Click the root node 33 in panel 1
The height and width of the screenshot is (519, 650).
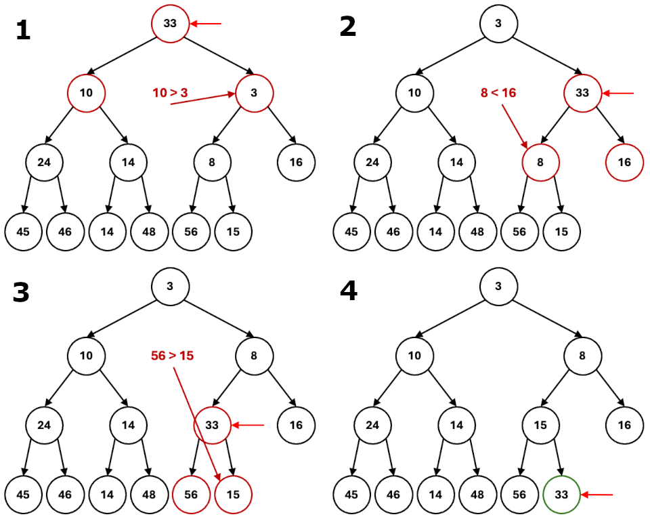click(170, 24)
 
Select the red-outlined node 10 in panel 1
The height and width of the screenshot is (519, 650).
click(86, 93)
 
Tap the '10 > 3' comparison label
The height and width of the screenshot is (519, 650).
click(170, 93)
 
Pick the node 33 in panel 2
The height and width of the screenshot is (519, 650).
click(582, 93)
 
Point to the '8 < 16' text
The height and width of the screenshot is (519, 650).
click(498, 93)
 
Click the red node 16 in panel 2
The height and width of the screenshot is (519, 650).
click(624, 162)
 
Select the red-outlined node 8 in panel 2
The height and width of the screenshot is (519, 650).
click(540, 162)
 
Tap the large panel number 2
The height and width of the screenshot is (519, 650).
click(347, 26)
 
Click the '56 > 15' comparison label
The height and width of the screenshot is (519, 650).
click(172, 356)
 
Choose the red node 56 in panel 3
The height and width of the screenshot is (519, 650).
click(191, 495)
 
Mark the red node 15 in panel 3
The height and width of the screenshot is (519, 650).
click(233, 495)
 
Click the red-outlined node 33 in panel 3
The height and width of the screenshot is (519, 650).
click(213, 425)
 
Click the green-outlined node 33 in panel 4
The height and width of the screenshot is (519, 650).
click(561, 495)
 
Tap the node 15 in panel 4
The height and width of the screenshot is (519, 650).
click(540, 425)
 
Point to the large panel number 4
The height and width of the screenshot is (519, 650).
click(348, 291)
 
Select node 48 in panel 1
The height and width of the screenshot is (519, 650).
click(149, 231)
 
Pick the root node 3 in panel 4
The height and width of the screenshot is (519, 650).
click(498, 287)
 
